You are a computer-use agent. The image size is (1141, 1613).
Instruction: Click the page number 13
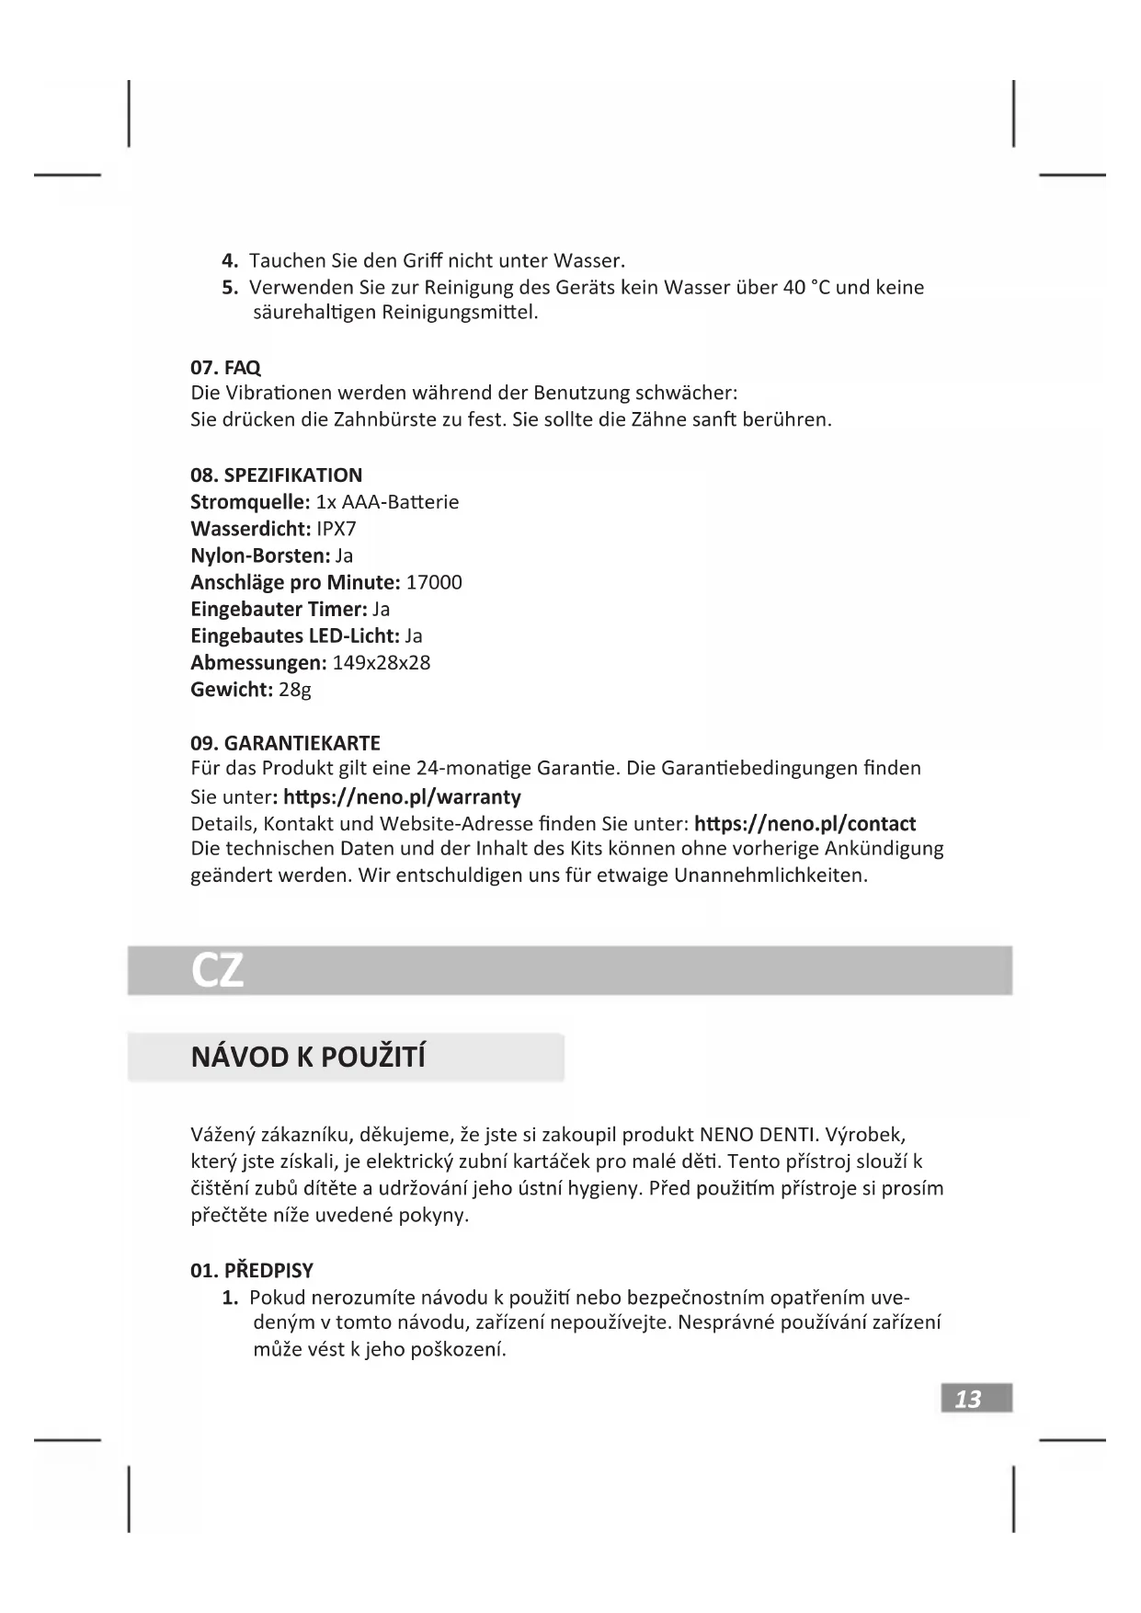[968, 1399]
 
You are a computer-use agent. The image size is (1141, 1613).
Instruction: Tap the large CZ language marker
[218, 970]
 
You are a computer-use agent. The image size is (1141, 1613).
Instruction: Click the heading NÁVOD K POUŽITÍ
[308, 1058]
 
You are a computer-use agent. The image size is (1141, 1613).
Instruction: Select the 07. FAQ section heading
[225, 368]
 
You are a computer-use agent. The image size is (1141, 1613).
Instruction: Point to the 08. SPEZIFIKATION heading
[276, 475]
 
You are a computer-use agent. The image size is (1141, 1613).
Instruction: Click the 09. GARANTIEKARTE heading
[285, 743]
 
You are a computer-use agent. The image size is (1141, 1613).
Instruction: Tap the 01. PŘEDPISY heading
[252, 1271]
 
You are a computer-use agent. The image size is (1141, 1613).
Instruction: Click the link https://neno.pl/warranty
[402, 796]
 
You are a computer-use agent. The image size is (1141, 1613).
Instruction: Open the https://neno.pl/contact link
[804, 823]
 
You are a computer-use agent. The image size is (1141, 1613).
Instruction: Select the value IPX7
[336, 529]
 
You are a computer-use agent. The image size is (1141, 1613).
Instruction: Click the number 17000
[434, 582]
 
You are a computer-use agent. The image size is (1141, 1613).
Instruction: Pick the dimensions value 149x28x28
[381, 663]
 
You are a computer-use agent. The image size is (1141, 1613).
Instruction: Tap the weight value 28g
[295, 690]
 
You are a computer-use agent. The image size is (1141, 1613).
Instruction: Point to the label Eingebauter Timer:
[279, 609]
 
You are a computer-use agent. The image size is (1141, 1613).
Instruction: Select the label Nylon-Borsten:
[260, 555]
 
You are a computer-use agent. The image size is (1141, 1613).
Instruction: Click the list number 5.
[229, 287]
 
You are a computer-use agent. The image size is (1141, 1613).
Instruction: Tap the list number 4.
[229, 260]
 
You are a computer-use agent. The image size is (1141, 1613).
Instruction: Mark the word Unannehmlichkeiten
[770, 875]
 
